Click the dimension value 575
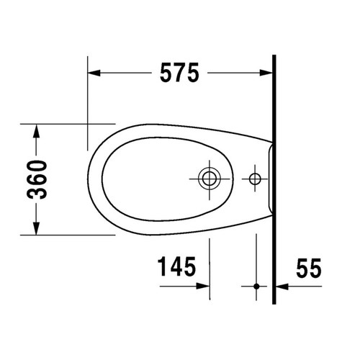(178, 73)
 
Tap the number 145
(176, 267)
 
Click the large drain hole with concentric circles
(210, 177)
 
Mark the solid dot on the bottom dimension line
(255, 286)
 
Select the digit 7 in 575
(178, 73)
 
